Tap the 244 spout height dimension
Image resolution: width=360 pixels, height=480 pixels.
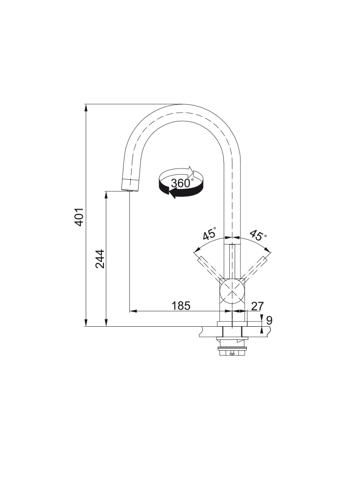(100, 259)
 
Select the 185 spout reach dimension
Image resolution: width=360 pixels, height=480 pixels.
(181, 306)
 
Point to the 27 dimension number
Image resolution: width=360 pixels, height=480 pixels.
(258, 306)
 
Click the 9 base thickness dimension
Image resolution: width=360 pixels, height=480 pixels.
(269, 320)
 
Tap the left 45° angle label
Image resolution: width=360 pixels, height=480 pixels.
(210, 234)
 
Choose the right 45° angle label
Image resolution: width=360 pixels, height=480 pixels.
(258, 235)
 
